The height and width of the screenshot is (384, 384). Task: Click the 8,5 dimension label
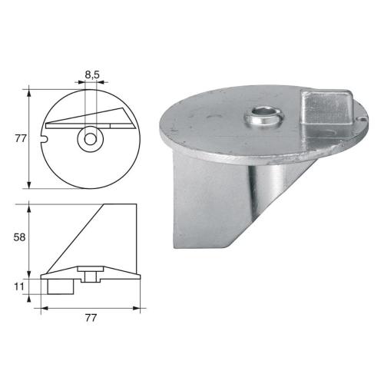pos(91,75)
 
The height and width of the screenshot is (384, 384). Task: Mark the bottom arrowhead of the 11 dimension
pos(29,299)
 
